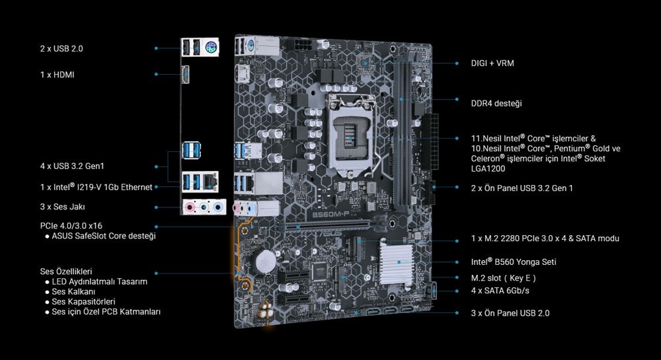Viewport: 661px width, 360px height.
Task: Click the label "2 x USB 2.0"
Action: pos(61,49)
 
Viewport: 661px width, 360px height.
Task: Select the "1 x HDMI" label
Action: pos(58,75)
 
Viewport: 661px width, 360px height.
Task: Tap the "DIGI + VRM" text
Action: pos(492,63)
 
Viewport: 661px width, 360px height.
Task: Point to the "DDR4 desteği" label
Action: pos(496,104)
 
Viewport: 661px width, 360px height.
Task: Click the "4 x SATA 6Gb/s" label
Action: pos(500,291)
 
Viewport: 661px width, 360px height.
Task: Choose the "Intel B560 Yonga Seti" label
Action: pos(514,262)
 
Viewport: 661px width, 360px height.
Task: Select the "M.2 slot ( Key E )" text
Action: pos(503,278)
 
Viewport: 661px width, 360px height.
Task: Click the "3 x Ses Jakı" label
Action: pos(62,207)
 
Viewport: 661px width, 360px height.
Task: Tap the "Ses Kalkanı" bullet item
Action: pos(73,292)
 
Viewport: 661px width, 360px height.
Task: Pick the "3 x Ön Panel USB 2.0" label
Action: pos(510,313)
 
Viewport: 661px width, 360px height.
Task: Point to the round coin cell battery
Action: pos(265,262)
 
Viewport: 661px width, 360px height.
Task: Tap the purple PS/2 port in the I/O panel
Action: pos(212,48)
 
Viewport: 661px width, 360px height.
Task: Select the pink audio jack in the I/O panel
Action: pos(191,207)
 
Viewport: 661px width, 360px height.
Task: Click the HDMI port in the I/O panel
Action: pos(185,75)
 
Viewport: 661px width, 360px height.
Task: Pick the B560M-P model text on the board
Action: pos(330,214)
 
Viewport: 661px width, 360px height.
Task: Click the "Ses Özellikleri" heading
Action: pos(65,271)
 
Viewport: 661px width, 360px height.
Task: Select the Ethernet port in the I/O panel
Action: pos(210,182)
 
